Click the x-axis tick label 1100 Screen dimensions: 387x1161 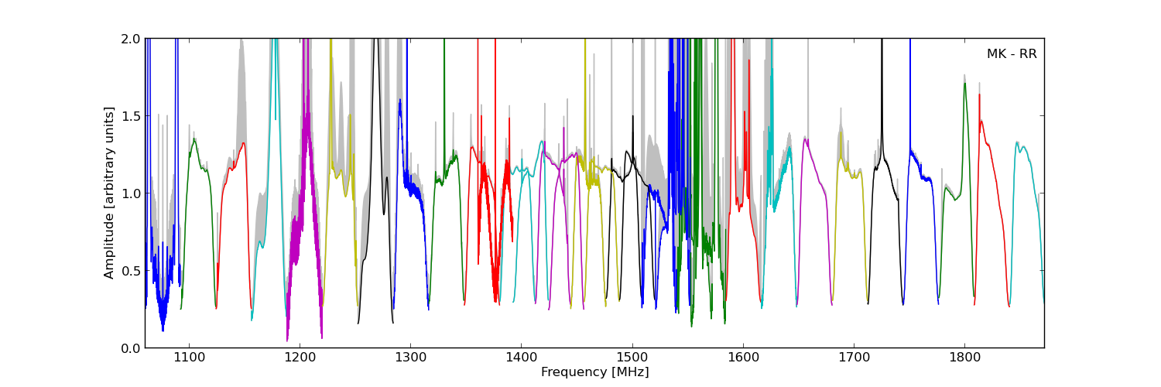coord(188,358)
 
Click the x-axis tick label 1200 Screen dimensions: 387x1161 coord(299,358)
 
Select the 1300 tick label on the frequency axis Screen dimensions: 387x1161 coord(409,358)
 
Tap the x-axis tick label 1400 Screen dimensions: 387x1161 coord(521,358)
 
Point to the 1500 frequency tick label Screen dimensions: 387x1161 coord(632,358)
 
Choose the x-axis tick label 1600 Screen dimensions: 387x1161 coord(743,358)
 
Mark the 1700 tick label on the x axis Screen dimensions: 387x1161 coord(854,358)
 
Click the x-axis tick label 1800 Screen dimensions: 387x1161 coord(964,358)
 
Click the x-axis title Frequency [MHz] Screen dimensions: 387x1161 coord(594,372)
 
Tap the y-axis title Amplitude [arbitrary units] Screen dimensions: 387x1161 coord(110,193)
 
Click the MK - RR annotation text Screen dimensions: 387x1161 coord(1011,54)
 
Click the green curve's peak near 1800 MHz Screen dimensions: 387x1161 coord(964,84)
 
